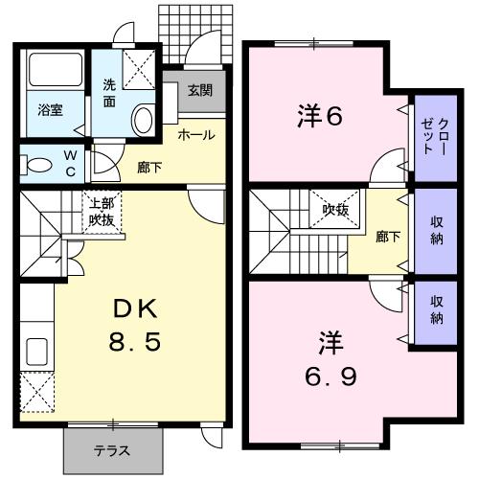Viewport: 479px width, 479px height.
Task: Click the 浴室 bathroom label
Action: [50, 109]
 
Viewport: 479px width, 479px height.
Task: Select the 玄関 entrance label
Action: [199, 91]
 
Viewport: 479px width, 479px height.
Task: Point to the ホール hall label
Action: [194, 135]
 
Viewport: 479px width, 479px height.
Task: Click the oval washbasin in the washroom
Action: [143, 119]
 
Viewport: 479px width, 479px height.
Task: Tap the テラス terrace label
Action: [112, 450]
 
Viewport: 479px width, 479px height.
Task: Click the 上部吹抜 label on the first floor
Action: [102, 211]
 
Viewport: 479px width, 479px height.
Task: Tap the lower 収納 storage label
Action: [437, 310]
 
